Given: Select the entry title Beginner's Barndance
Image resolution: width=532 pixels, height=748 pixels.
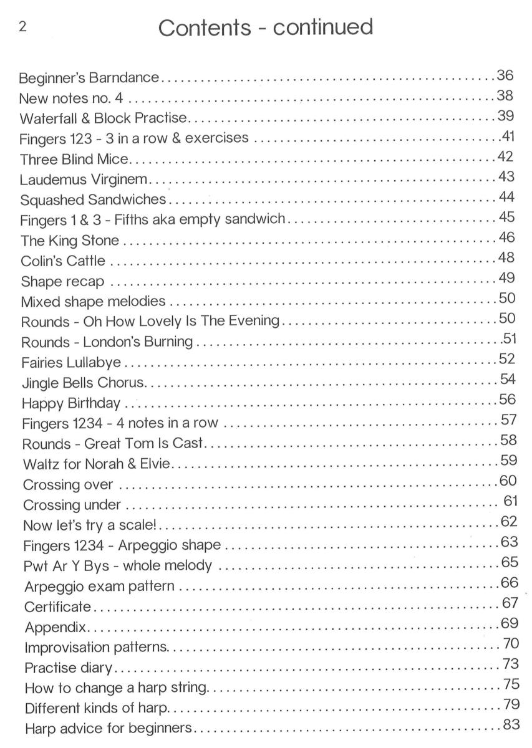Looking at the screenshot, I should (x=89, y=79).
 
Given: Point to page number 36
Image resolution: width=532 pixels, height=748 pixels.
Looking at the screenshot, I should (x=505, y=76).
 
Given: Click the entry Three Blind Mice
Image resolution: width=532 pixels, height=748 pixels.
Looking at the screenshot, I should (x=74, y=159).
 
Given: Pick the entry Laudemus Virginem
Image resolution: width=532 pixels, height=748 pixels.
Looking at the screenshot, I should (x=84, y=180).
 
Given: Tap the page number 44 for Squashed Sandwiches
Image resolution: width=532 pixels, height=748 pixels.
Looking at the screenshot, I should (x=506, y=198).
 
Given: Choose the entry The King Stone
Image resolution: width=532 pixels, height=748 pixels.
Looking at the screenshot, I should (x=69, y=241).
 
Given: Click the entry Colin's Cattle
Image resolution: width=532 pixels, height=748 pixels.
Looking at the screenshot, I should (x=63, y=261).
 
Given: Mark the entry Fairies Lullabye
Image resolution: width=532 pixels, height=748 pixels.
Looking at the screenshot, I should (x=71, y=362).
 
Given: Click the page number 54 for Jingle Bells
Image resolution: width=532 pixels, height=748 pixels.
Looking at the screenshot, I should (x=508, y=380).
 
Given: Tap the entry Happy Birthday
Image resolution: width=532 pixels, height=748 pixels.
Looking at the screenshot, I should (x=71, y=403).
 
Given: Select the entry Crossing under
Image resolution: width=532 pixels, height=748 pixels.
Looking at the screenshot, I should (x=72, y=505).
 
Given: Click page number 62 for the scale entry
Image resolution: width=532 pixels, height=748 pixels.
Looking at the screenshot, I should (x=509, y=521).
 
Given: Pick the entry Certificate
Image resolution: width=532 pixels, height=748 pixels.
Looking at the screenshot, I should (x=57, y=607).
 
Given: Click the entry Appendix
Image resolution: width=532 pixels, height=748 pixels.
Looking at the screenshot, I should (x=56, y=627).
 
